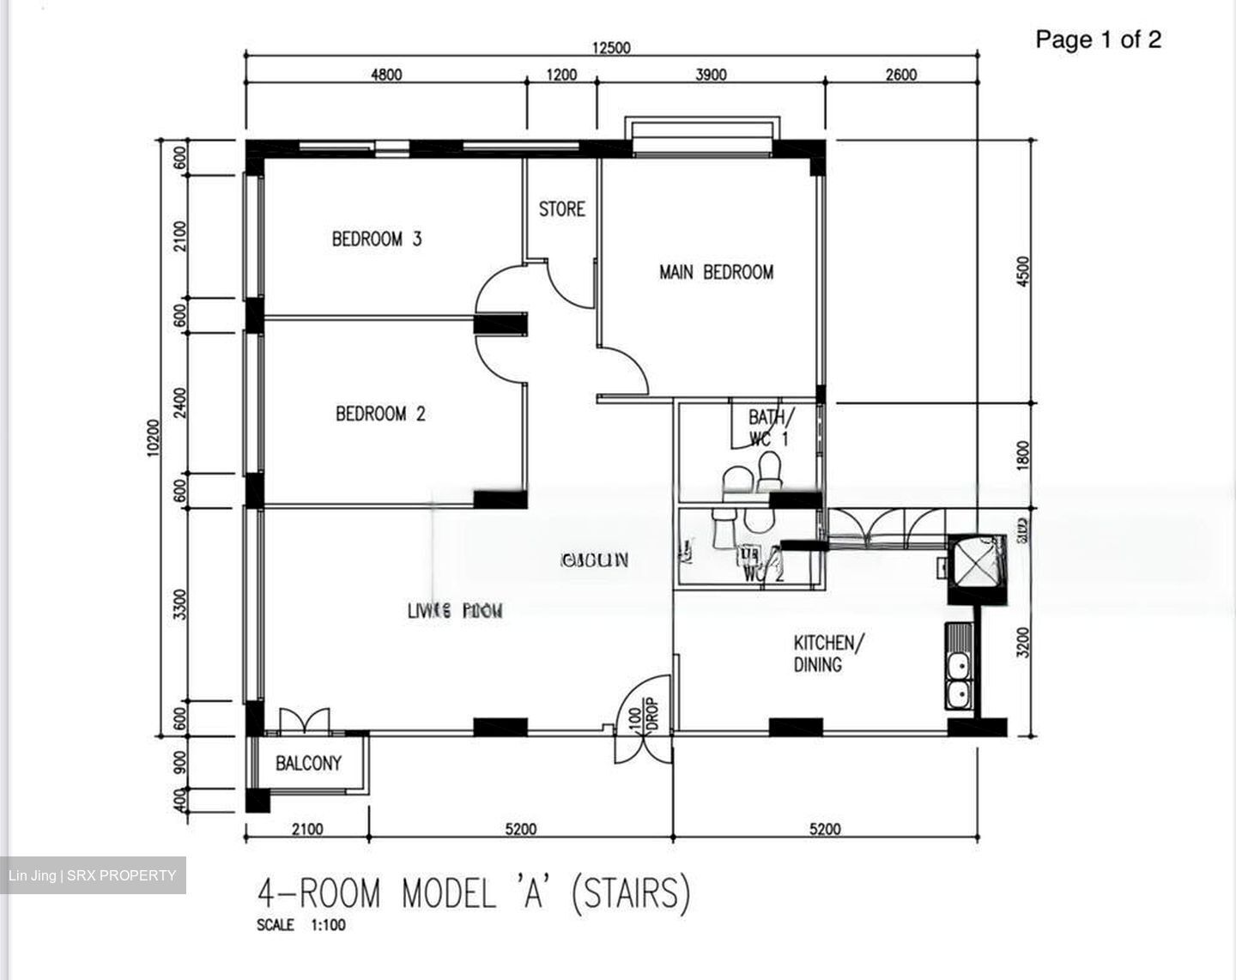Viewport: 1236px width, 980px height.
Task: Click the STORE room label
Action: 562,209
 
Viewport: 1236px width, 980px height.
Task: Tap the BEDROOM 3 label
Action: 377,239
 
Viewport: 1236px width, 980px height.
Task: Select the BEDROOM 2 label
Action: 380,414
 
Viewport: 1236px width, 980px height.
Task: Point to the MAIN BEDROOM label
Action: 716,272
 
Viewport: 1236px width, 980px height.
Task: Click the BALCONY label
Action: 308,763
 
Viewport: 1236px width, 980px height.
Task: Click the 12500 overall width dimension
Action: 610,48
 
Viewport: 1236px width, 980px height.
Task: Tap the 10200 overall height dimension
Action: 153,439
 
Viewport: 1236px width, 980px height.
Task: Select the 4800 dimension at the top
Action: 385,75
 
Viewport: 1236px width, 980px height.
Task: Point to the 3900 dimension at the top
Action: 711,75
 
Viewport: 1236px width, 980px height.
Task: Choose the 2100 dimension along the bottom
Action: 307,829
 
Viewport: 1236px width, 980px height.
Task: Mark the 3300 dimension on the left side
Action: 179,604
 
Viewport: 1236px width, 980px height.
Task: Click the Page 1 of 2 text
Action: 1098,39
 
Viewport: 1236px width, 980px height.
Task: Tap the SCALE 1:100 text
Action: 301,925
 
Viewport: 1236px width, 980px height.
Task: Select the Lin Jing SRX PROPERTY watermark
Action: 93,875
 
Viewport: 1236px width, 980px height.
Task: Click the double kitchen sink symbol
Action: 958,678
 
